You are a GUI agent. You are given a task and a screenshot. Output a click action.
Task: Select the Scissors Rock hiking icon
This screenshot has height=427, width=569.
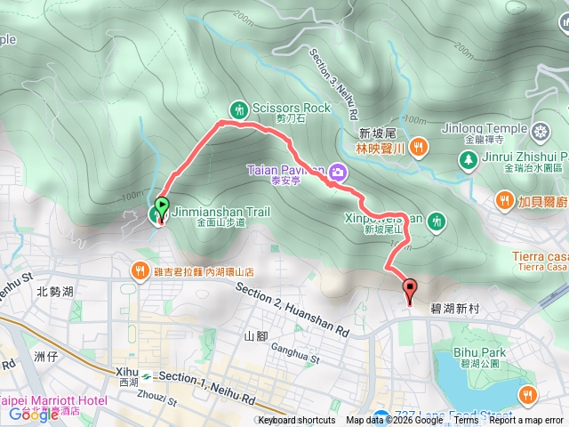(x=238, y=109)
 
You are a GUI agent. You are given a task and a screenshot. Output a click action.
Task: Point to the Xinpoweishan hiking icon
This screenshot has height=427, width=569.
(x=436, y=220)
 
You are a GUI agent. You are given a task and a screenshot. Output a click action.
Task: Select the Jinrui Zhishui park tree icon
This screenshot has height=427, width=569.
(x=467, y=159)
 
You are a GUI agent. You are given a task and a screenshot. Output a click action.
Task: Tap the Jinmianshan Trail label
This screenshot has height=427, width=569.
(x=220, y=213)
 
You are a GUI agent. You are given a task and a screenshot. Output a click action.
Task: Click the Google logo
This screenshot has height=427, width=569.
(x=33, y=415)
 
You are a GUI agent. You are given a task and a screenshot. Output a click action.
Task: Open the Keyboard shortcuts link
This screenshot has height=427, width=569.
(x=297, y=421)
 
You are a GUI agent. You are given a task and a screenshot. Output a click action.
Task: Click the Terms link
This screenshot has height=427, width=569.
(x=467, y=421)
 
